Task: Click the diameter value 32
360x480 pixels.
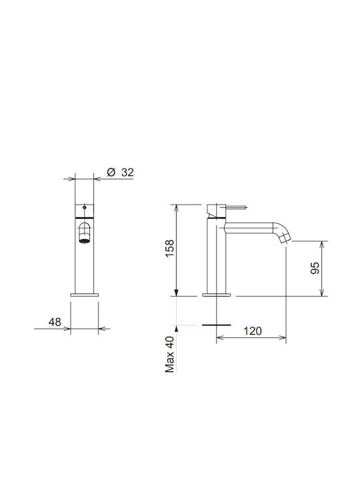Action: point(127,173)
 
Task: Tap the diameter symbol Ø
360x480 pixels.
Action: point(111,173)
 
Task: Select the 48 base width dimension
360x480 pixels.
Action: point(55,322)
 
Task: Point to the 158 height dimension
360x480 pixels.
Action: point(169,248)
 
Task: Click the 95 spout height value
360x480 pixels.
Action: point(315,268)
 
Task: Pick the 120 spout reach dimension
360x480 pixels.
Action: point(253,331)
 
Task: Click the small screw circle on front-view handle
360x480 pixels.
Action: point(85,207)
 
